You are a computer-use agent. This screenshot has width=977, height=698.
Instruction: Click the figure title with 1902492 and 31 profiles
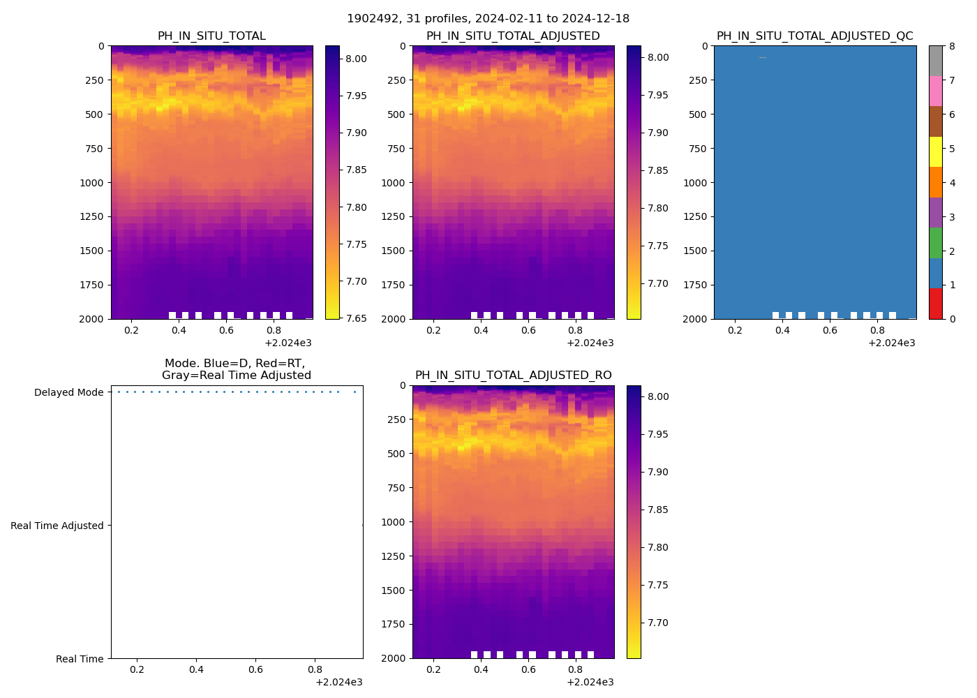click(x=488, y=19)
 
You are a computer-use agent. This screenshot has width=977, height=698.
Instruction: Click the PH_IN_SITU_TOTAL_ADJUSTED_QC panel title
click(x=814, y=36)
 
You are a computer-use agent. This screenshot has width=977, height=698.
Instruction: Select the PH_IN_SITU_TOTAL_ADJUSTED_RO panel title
click(x=513, y=376)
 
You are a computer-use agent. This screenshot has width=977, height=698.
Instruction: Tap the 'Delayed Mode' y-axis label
click(x=68, y=392)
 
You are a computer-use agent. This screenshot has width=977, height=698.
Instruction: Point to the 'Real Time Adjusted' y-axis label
click(x=57, y=526)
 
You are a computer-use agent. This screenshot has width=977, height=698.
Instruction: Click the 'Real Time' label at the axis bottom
click(x=80, y=659)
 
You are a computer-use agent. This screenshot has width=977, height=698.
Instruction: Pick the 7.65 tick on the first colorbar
click(x=357, y=319)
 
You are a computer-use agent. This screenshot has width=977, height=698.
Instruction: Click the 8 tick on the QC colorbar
click(x=952, y=47)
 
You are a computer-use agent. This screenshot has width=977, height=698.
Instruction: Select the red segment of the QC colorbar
click(x=935, y=304)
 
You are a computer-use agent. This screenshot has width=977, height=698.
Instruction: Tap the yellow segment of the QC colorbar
click(x=935, y=152)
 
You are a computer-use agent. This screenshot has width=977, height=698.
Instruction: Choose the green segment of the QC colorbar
click(x=935, y=243)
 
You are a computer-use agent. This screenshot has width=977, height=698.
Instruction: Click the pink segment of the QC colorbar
click(x=935, y=91)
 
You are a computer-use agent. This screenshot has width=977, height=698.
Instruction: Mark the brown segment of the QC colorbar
click(x=935, y=121)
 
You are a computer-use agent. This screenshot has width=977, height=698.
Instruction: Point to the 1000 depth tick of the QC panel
click(x=696, y=183)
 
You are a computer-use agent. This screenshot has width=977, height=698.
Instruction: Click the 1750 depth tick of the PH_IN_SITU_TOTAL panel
click(x=94, y=285)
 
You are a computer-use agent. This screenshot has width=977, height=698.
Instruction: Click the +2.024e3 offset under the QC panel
click(x=891, y=343)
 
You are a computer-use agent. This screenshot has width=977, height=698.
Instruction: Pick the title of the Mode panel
click(x=236, y=369)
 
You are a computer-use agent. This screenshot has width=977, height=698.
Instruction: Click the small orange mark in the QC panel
click(x=763, y=57)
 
